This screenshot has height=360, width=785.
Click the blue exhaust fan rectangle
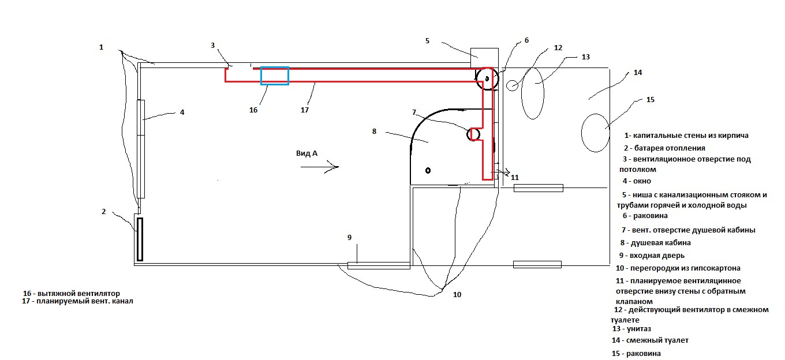tap(274, 76)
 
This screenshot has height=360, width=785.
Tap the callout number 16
tap(253, 110)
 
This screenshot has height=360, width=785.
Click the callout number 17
tap(305, 110)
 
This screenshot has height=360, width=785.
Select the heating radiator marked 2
tap(139, 239)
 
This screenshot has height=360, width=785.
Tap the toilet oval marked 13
tap(532, 93)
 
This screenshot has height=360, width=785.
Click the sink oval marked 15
tap(595, 133)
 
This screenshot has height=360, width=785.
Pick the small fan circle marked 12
tap(512, 85)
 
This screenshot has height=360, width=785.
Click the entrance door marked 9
tap(378, 265)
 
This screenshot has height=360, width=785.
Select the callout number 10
tap(457, 295)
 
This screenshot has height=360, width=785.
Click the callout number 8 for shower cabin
tap(374, 132)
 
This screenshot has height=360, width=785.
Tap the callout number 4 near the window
tap(182, 112)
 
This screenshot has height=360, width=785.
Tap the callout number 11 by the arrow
tap(515, 178)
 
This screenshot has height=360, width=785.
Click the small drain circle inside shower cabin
tap(428, 170)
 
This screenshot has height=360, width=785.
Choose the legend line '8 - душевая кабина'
tap(655, 243)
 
